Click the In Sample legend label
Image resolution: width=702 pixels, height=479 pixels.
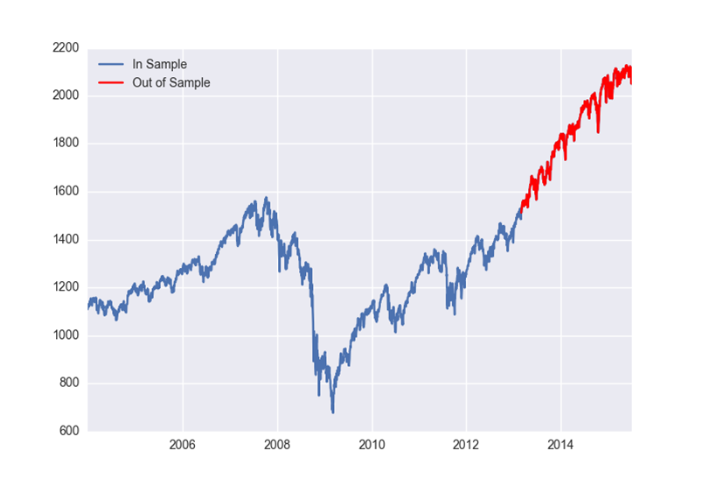pos(159,64)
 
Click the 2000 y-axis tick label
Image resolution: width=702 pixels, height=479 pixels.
pos(66,95)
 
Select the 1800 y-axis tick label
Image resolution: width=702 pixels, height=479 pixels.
pos(66,144)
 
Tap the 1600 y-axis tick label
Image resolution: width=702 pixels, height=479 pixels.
pos(66,192)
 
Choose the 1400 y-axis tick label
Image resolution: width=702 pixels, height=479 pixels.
pos(66,239)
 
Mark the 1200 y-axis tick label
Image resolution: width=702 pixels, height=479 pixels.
pos(66,287)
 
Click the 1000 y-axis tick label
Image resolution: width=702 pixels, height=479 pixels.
pos(66,335)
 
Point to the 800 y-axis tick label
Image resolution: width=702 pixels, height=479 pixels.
pos(68,384)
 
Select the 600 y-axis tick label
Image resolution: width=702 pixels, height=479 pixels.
pos(68,431)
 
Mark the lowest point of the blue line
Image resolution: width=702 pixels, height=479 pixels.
pos(332,412)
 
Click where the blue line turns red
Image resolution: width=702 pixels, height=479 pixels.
pos(521,207)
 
